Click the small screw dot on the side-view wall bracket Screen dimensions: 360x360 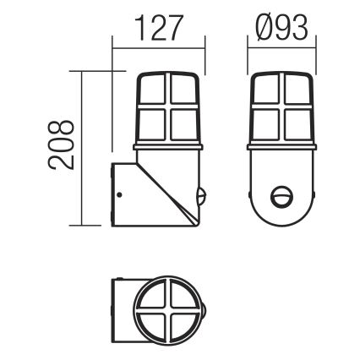click(120, 196)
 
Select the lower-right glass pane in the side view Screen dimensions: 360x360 click(183, 125)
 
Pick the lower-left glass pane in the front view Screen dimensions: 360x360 click(266, 125)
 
